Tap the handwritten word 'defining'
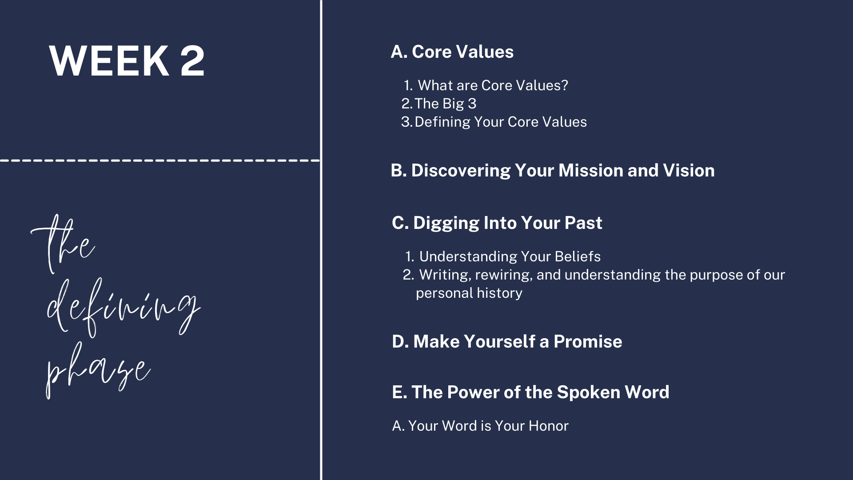(124, 308)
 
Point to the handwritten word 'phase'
(98, 370)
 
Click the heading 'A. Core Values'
(452, 52)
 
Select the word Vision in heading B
(689, 171)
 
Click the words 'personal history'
(469, 293)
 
